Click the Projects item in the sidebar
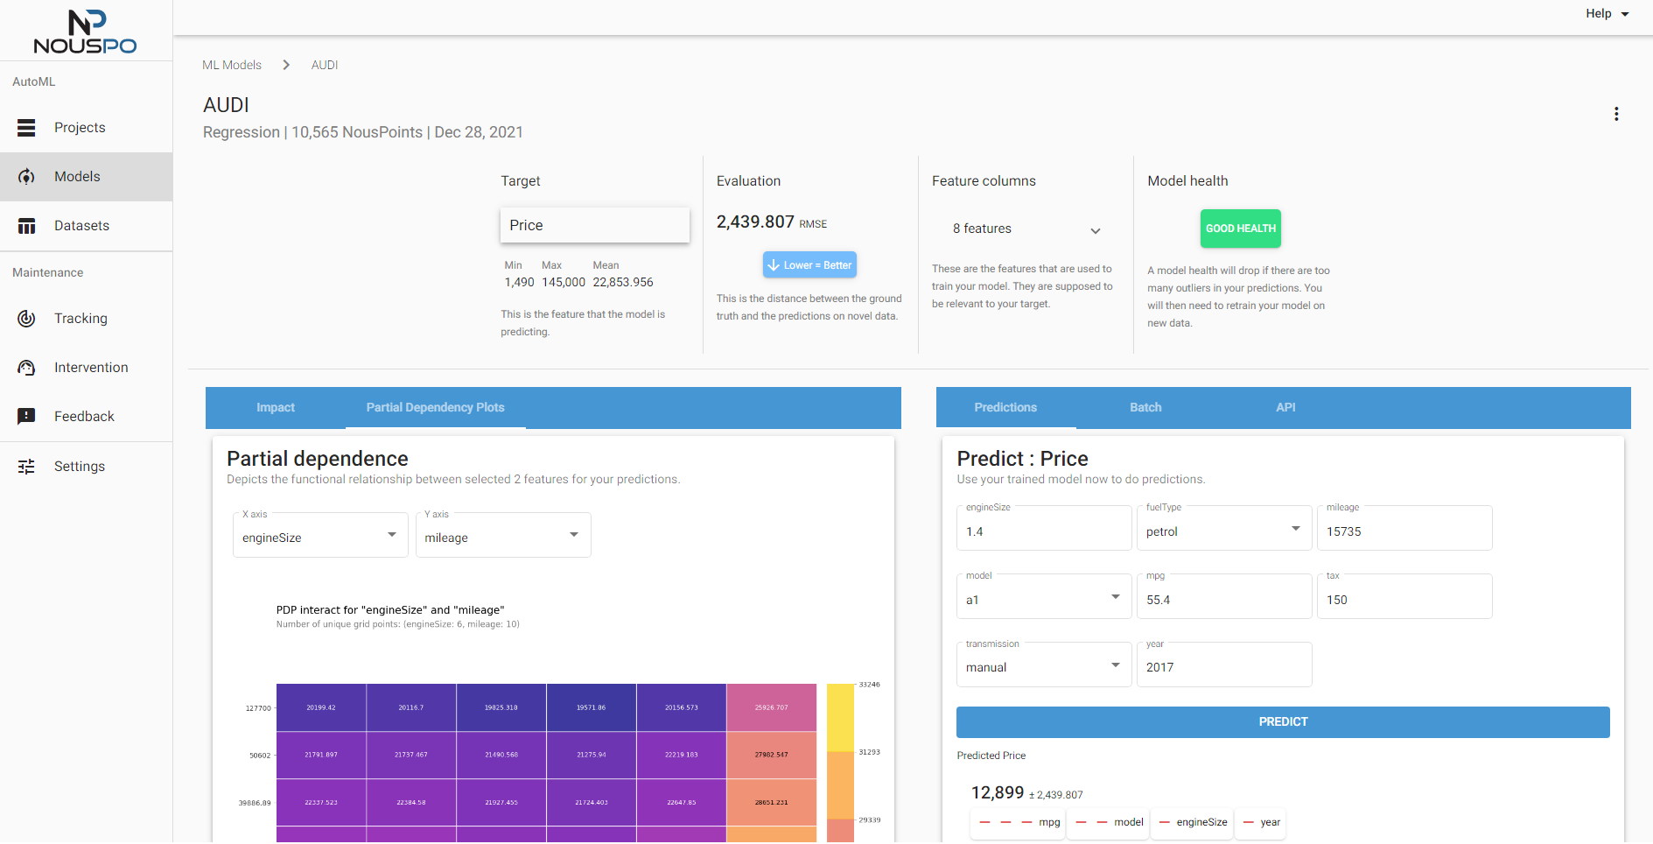point(79,128)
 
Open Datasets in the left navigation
point(81,226)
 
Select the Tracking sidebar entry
point(81,319)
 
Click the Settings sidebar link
point(79,467)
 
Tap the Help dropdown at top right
point(1607,14)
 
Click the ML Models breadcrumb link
point(232,66)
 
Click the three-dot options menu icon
point(1615,115)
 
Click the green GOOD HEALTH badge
point(1240,229)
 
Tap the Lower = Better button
point(809,265)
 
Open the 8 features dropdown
point(1026,229)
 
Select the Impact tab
point(275,408)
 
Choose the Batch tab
point(1145,408)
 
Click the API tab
point(1285,408)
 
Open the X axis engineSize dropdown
point(320,537)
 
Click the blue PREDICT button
point(1282,722)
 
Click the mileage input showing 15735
point(1404,531)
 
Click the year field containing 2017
point(1223,667)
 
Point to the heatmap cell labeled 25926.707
point(771,707)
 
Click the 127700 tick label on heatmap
point(258,708)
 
